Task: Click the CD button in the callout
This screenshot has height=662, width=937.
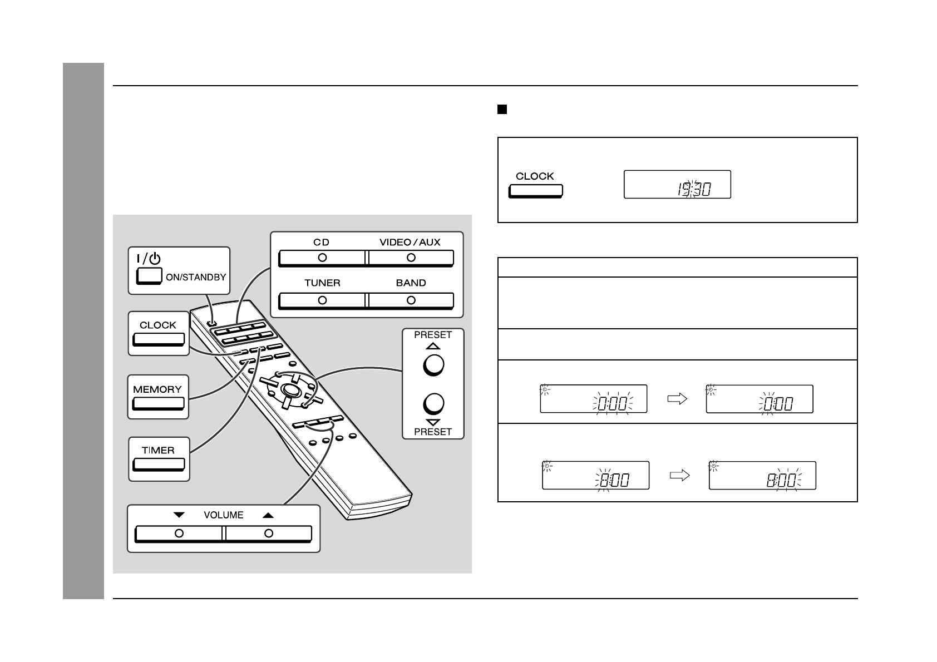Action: [x=322, y=258]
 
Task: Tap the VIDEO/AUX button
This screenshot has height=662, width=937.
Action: [x=411, y=258]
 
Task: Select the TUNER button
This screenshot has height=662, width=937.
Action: [x=322, y=300]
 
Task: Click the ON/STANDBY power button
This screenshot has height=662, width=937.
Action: [x=149, y=276]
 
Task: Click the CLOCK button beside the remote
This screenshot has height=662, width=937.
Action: [x=159, y=339]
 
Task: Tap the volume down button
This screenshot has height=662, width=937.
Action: [x=179, y=533]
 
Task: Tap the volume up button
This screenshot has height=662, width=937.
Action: [x=269, y=533]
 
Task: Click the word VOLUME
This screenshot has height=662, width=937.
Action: [x=224, y=515]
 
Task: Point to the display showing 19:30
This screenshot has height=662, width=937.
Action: [x=677, y=185]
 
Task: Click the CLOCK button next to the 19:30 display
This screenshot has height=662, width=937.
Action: [x=535, y=191]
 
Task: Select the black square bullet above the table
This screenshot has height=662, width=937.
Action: [x=502, y=110]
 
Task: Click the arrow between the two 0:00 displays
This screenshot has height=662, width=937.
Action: [x=677, y=399]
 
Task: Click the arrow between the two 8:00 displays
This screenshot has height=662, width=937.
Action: [x=680, y=476]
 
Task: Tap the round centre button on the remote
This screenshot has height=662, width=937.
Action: [x=289, y=389]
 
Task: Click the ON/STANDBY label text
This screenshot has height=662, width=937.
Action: [x=196, y=277]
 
